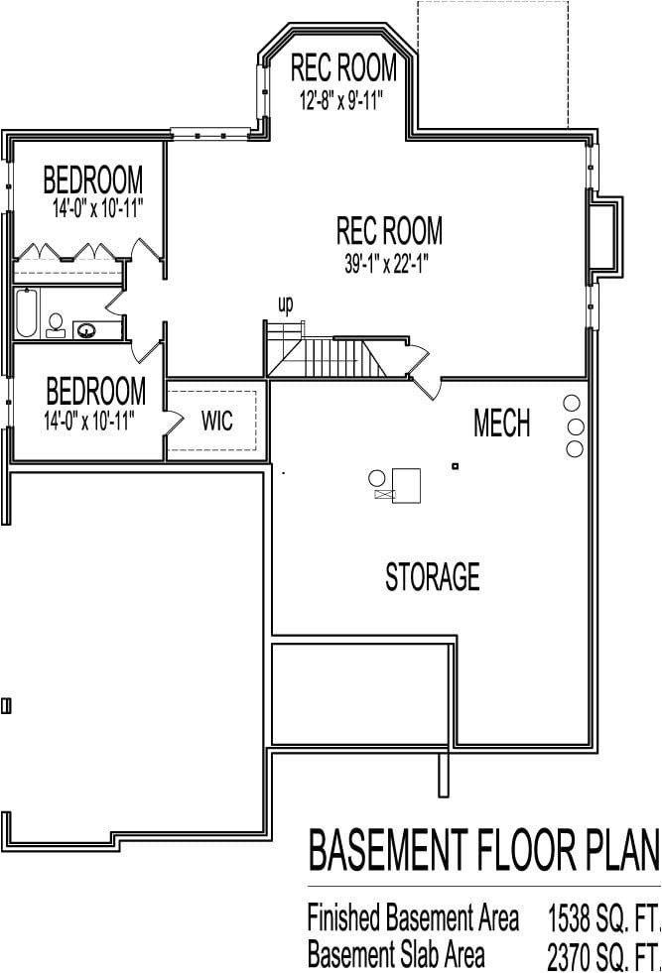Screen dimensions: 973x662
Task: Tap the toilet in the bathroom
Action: [x=56, y=324]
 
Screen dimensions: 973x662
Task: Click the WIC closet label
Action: [x=217, y=422]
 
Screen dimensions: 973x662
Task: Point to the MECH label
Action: [x=501, y=425]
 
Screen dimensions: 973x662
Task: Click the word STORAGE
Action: [x=433, y=576]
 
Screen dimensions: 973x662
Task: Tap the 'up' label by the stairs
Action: [x=285, y=304]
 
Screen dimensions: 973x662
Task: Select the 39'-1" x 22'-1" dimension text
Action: [x=389, y=263]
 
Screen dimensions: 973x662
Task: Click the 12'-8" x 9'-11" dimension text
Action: [x=342, y=100]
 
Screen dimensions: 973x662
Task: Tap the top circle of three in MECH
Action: [x=572, y=404]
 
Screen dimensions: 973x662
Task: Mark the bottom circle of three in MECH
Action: [x=574, y=449]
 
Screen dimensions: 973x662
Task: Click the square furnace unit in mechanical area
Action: [x=407, y=484]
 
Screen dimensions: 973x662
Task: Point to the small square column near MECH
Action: [x=455, y=466]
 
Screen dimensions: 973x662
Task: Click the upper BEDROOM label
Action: [x=93, y=181]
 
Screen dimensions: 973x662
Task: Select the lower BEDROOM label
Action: [x=94, y=389]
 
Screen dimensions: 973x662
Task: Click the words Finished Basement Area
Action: [x=413, y=919]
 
